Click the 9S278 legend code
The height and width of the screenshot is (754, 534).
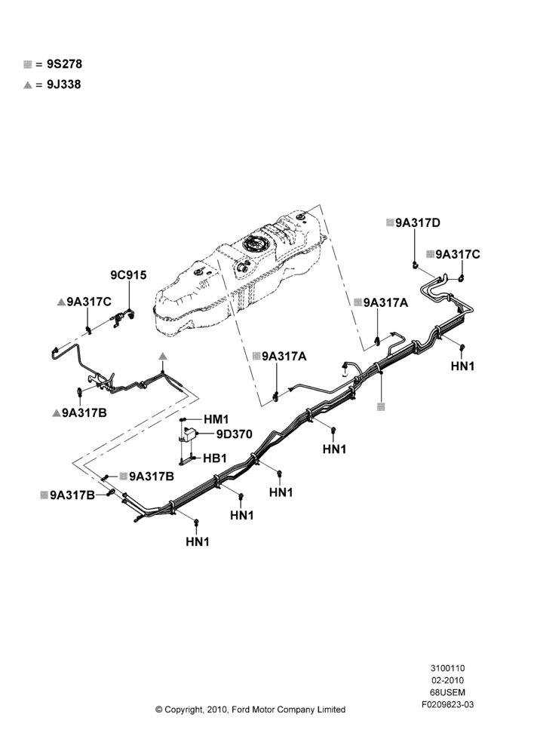tap(64, 64)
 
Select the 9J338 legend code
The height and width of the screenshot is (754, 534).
tap(64, 84)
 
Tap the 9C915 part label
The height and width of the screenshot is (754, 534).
tap(128, 275)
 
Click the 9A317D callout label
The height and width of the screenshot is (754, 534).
tap(418, 223)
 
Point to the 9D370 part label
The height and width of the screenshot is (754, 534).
tap(235, 434)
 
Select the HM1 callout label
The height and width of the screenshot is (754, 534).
tap(216, 419)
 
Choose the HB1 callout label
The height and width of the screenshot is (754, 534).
tap(214, 458)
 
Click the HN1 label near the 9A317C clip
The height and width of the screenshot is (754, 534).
tap(463, 366)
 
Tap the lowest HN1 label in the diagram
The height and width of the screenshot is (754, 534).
tap(198, 541)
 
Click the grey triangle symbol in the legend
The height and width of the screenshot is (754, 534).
tap(27, 85)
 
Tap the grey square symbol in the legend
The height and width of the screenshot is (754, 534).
tap(27, 64)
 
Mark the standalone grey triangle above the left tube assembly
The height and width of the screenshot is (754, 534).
tap(163, 356)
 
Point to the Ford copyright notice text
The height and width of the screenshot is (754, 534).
tap(250, 710)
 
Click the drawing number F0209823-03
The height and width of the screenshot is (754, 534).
tap(447, 704)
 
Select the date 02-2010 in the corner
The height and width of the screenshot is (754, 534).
tap(447, 680)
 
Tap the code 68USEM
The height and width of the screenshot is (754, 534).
tap(447, 692)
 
